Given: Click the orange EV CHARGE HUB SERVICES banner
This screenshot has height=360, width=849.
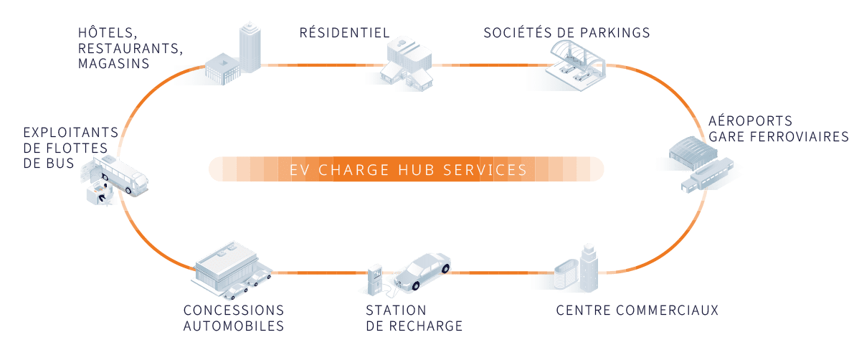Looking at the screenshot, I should (x=406, y=170).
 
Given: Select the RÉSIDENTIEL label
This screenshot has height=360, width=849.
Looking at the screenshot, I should (x=344, y=32).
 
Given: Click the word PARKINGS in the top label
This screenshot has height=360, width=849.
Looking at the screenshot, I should (x=614, y=32).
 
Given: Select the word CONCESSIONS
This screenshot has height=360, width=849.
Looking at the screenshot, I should (x=233, y=311).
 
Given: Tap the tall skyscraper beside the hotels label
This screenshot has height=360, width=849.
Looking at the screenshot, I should (x=247, y=47).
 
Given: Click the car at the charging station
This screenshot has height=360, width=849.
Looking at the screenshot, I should (x=424, y=271).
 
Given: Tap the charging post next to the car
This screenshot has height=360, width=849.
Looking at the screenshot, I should (x=374, y=279).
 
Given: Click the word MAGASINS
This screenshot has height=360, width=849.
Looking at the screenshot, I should (x=115, y=64).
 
